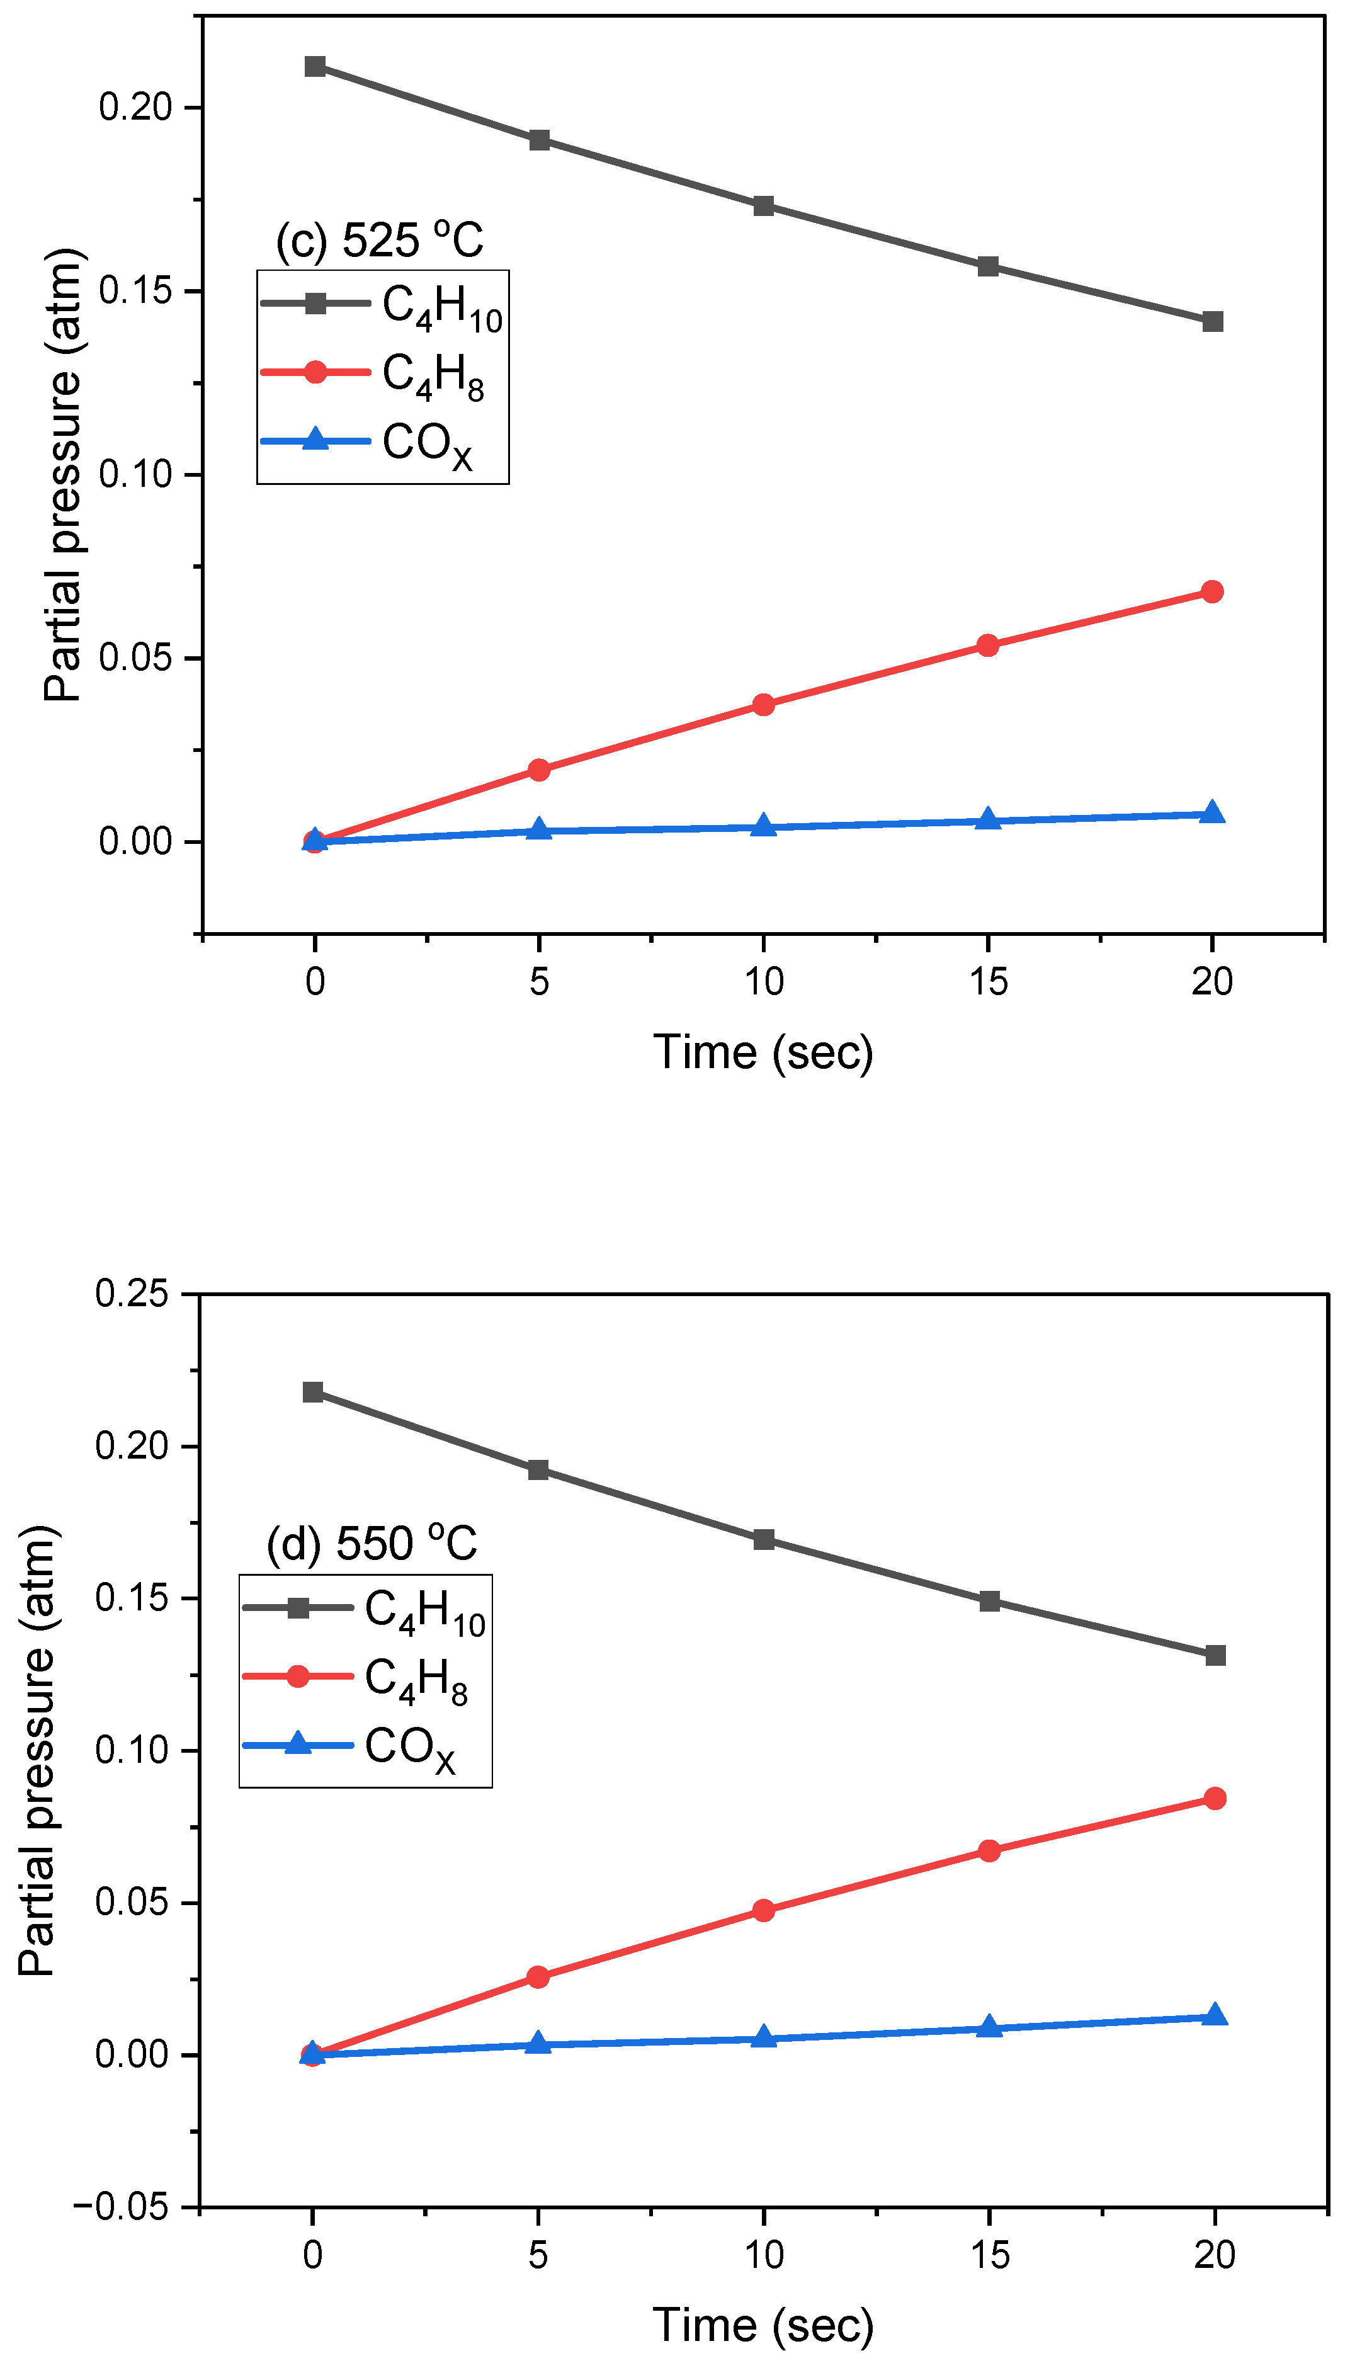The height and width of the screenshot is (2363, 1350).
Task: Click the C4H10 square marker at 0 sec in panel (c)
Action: point(315,67)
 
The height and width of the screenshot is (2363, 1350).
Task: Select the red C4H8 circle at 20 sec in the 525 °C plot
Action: point(1212,591)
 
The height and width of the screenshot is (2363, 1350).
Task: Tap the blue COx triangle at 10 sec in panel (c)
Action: point(763,826)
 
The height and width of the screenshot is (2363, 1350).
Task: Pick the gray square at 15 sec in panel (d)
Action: point(989,1602)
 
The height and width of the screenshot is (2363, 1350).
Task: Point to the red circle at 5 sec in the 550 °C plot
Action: point(538,1977)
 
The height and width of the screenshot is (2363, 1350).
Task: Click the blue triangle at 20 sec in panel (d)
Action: point(1215,2016)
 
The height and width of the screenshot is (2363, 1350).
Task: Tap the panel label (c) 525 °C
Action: point(380,239)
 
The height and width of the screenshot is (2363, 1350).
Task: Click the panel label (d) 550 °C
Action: point(371,1543)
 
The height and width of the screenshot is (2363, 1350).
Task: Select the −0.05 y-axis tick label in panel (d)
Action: point(120,2207)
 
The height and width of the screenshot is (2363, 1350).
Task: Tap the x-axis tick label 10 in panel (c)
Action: point(763,981)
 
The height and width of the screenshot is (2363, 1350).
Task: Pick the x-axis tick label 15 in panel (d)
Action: point(989,2255)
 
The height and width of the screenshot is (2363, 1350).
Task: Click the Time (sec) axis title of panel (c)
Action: point(763,1052)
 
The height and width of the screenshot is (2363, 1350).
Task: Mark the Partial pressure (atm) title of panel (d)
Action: point(39,1751)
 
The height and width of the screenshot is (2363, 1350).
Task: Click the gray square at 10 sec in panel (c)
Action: point(763,206)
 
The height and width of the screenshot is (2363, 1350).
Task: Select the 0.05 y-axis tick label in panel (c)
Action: point(135,658)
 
